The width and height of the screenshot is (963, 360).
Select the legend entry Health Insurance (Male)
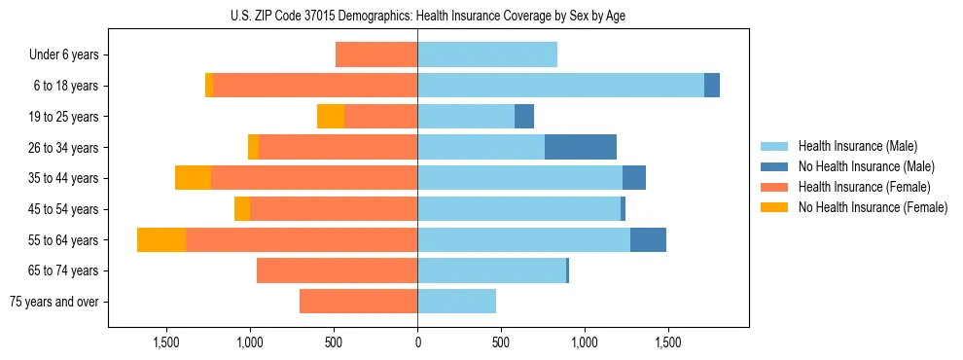857,146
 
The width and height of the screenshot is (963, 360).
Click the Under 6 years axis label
63,55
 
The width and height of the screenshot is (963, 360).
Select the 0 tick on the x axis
417,343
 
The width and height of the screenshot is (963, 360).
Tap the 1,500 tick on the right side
668,343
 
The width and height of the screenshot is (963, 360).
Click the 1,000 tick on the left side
250,343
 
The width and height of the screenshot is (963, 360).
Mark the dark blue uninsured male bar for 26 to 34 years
581,147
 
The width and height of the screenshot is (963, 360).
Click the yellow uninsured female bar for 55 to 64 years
161,239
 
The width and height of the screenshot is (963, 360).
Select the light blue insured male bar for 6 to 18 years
560,86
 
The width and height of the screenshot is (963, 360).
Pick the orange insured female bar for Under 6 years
376,55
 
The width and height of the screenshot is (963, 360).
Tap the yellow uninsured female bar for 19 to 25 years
331,117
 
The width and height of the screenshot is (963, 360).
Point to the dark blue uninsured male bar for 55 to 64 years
648,239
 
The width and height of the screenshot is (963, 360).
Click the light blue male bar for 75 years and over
456,302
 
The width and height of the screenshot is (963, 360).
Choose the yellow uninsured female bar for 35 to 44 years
193,178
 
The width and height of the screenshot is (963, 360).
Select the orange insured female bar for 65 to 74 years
337,270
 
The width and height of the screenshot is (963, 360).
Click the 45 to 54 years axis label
63,209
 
